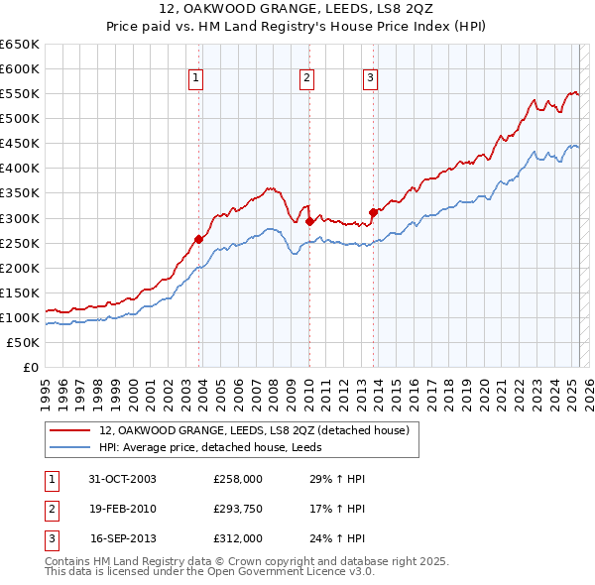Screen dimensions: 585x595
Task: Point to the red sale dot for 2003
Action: click(x=199, y=238)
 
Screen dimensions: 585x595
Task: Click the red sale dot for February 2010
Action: click(x=309, y=221)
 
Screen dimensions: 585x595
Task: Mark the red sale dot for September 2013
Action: click(x=373, y=211)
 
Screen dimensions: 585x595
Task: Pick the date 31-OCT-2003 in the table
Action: click(x=123, y=479)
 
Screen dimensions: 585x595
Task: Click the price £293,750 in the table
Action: click(x=238, y=510)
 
